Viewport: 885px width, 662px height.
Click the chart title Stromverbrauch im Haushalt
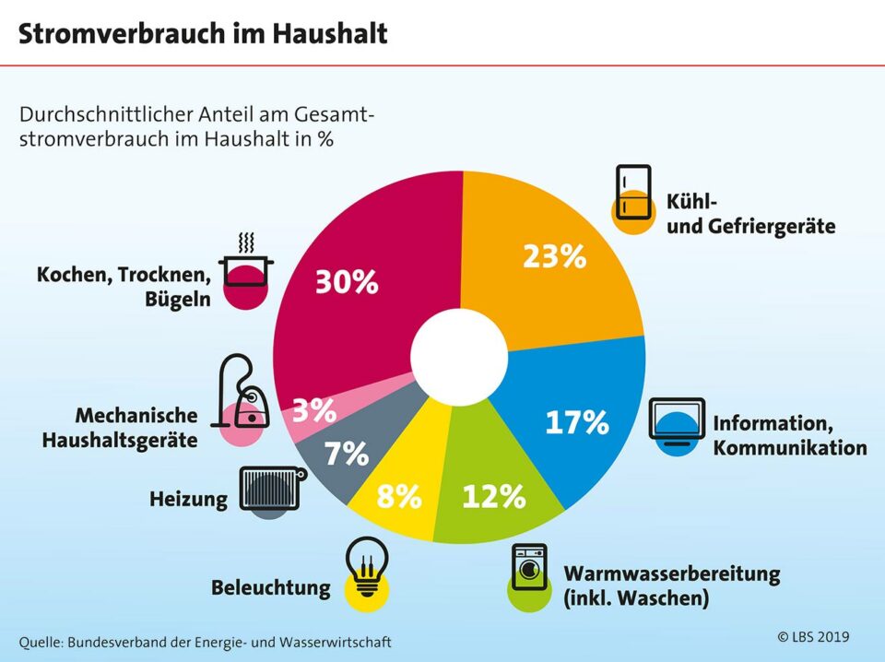pos(203,34)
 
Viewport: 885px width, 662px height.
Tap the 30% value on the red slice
pos(347,282)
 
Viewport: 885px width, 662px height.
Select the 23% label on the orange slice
pos(554,255)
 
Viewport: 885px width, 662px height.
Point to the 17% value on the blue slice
pos(577,421)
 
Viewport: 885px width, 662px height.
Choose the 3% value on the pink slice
pos(313,410)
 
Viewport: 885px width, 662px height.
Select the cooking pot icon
pos(246,267)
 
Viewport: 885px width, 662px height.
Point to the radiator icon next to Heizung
pos(270,489)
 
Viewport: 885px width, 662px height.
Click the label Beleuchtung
pos(270,587)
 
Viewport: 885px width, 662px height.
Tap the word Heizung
pos(188,500)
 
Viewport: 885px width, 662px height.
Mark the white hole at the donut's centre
pos(458,357)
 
